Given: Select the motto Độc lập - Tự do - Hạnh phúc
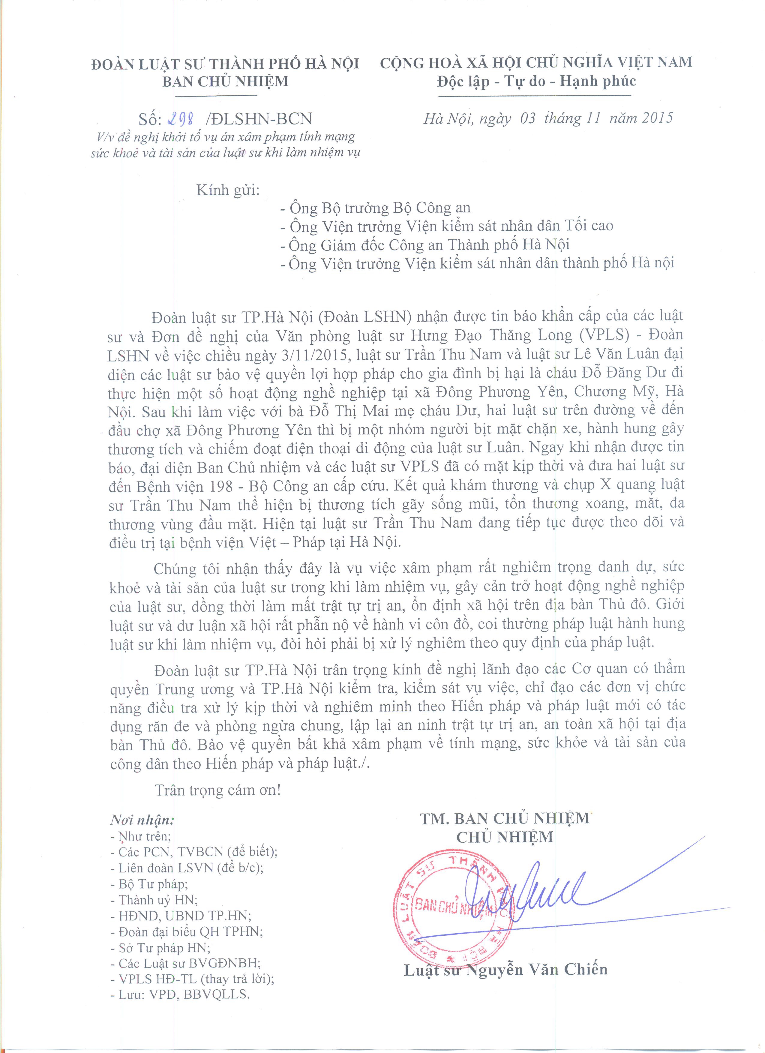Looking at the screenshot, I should tap(536, 81).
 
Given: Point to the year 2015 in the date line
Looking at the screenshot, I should tap(657, 118).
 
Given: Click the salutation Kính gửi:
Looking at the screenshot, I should tap(228, 190).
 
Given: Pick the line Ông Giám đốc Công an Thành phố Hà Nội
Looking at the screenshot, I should tap(425, 245).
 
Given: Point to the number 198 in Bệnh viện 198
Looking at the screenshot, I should tap(219, 486).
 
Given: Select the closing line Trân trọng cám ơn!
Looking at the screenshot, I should tap(218, 790).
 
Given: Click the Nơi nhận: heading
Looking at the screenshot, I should tap(142, 820).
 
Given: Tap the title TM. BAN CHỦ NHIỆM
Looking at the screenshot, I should tap(505, 818).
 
